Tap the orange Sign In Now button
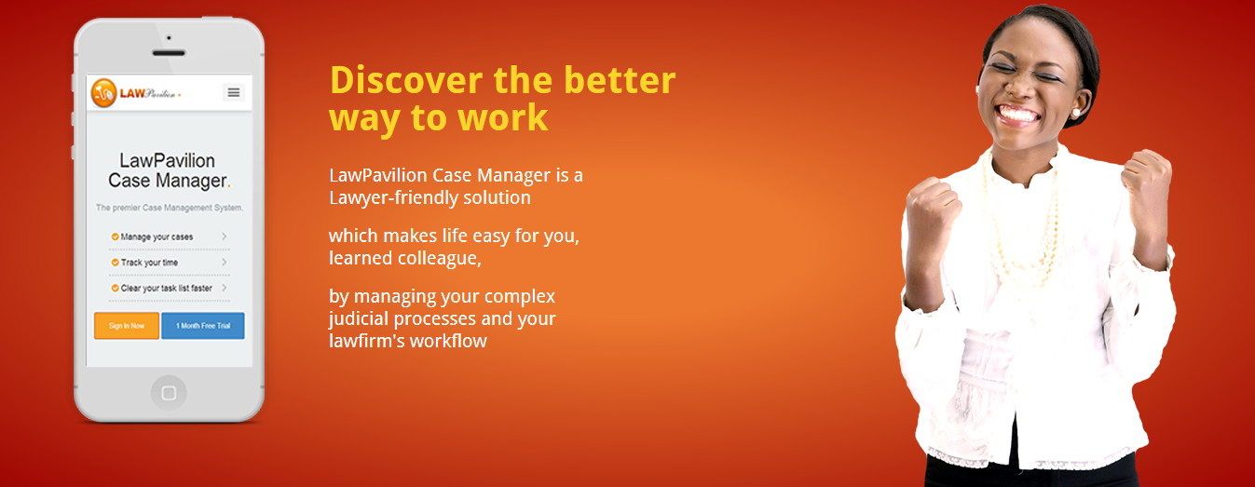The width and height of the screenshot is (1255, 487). pyautogui.click(x=127, y=326)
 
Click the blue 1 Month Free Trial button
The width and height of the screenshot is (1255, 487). pyautogui.click(x=203, y=326)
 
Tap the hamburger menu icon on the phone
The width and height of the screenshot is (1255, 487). pyautogui.click(x=234, y=92)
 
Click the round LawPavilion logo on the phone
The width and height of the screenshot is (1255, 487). pyautogui.click(x=103, y=93)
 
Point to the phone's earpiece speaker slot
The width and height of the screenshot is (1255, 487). pyautogui.click(x=169, y=53)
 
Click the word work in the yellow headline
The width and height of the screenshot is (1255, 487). pyautogui.click(x=502, y=117)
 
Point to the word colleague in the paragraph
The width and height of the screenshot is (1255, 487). pyautogui.click(x=439, y=258)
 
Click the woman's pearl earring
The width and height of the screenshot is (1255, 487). pyautogui.click(x=1075, y=113)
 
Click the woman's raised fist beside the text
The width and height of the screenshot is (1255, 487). pyautogui.click(x=931, y=210)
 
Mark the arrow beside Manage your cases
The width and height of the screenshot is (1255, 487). pyautogui.click(x=225, y=237)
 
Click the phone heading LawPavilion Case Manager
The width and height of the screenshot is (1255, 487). pyautogui.click(x=169, y=170)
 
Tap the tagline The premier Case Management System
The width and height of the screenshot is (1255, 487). pyautogui.click(x=170, y=208)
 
